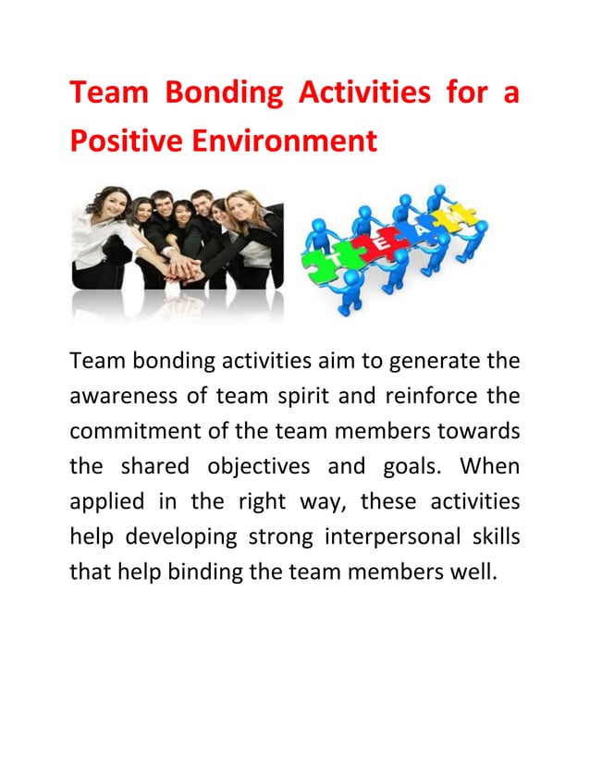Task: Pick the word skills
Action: tap(489, 538)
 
